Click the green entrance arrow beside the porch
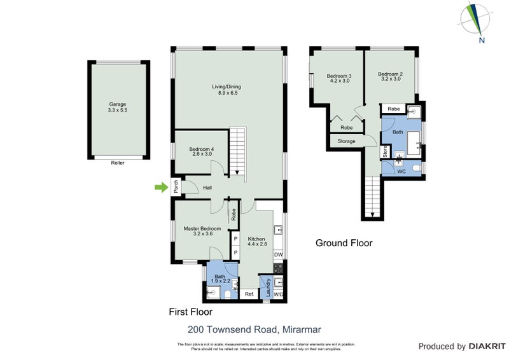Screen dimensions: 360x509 (160, 187)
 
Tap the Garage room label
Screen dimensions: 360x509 (118, 107)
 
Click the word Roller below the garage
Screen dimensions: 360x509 (117, 163)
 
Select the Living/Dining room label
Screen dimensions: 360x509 (226, 90)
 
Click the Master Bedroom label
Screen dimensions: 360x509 (202, 231)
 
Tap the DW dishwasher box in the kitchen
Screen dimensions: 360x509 (278, 255)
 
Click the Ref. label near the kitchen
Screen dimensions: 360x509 (249, 294)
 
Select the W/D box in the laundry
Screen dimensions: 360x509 (278, 294)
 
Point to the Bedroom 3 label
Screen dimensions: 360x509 (339, 78)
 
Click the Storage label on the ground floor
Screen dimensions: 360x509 (346, 141)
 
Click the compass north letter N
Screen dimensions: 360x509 (482, 41)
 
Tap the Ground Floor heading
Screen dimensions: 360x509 (344, 243)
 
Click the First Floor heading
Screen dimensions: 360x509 (190, 312)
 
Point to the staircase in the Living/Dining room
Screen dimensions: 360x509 (237, 153)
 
